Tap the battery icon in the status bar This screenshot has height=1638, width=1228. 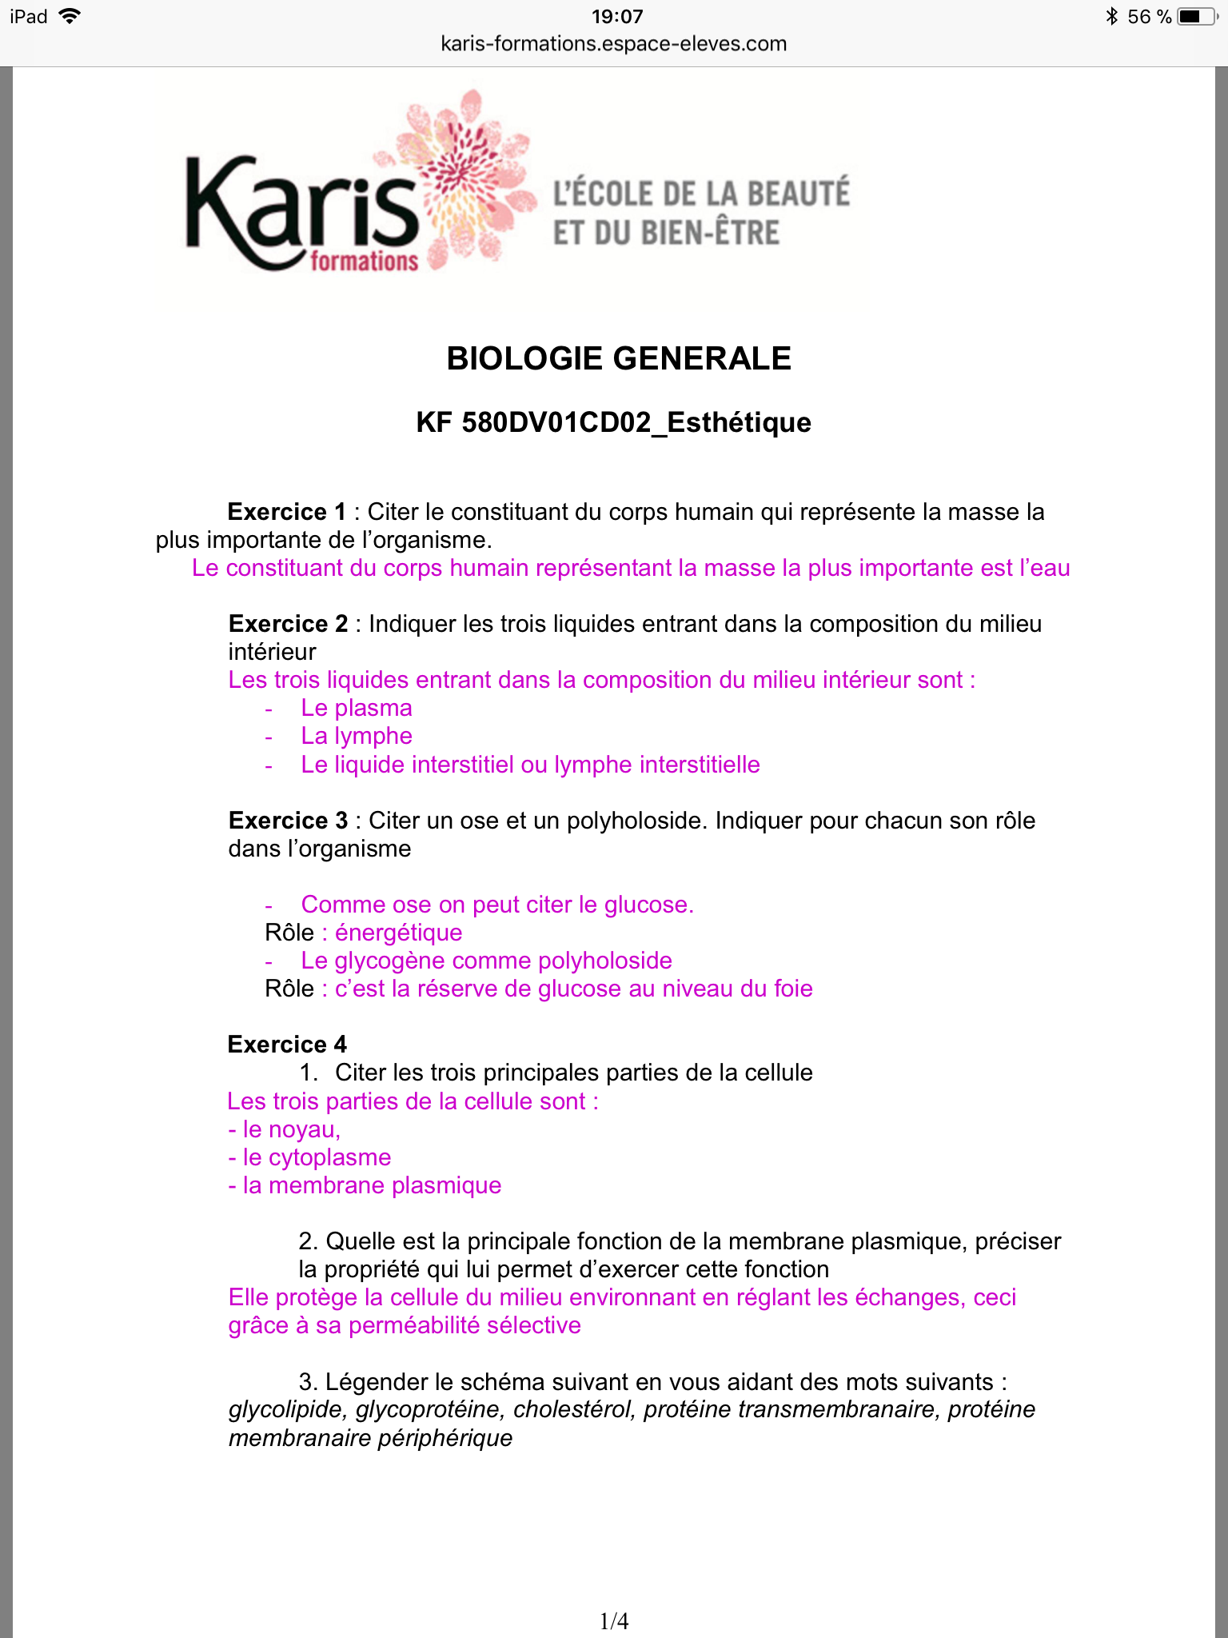coord(1197,17)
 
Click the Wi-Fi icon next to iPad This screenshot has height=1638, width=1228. coord(70,16)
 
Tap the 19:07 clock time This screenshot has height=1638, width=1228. coord(617,17)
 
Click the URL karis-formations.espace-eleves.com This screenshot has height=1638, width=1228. coord(614,44)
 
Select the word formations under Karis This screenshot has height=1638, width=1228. coord(364,262)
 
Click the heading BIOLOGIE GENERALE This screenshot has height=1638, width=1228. coord(619,358)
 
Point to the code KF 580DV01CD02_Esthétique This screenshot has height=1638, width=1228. coord(614,422)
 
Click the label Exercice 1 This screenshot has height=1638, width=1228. coord(287,512)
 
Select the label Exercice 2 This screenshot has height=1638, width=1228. coord(288,624)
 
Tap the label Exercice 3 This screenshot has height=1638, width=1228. coord(288,821)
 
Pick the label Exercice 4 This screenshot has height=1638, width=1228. coord(287,1045)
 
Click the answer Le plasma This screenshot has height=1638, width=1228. coord(357,708)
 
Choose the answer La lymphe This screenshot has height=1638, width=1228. coord(357,736)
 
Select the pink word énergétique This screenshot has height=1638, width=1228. coord(398,933)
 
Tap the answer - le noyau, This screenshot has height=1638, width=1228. coord(285,1129)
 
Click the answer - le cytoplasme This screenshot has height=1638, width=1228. coord(309,1157)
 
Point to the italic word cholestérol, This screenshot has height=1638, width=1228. coord(574,1409)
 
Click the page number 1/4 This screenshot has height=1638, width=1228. coord(614,1621)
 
